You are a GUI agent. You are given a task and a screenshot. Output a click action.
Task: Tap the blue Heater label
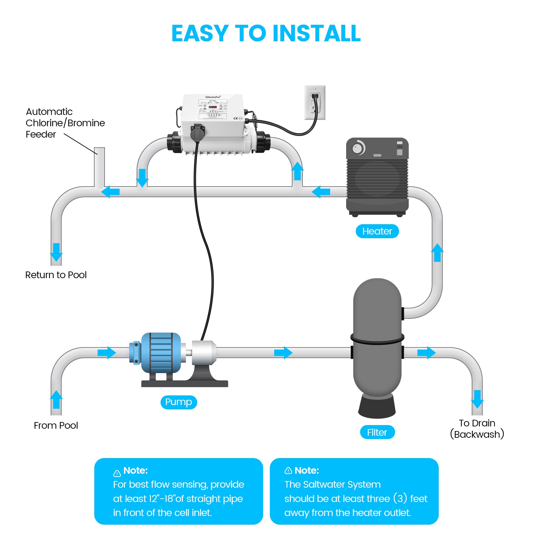click(377, 231)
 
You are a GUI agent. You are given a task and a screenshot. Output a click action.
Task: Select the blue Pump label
click(179, 402)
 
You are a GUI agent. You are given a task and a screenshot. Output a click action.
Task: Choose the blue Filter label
click(377, 432)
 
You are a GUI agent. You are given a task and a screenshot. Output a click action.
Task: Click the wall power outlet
click(315, 103)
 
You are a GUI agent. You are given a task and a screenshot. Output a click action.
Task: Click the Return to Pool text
click(56, 275)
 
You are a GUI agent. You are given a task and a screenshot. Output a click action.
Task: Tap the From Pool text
click(56, 425)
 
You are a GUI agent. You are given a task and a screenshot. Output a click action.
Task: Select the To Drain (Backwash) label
click(477, 429)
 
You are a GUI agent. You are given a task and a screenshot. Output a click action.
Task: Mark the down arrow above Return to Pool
click(56, 252)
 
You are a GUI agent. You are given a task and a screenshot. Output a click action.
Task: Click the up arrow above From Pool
click(56, 399)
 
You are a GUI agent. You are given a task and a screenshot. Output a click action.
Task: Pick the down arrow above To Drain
click(477, 399)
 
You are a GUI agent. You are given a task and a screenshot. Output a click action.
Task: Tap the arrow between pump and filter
click(283, 352)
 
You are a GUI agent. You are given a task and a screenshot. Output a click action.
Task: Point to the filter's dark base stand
click(377, 406)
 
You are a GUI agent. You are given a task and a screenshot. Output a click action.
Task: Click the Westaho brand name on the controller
click(213, 97)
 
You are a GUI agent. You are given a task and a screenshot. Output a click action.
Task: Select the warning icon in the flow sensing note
click(117, 473)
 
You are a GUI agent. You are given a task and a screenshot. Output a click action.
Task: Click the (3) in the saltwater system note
click(400, 498)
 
